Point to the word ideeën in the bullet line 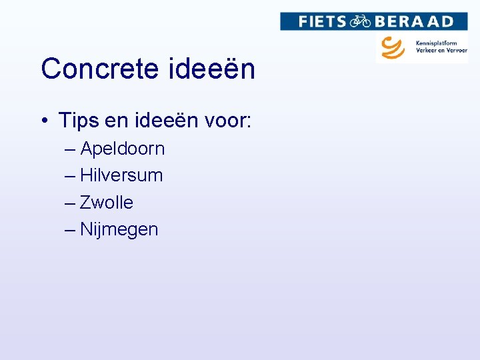click(x=162, y=121)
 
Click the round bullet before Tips click(x=43, y=121)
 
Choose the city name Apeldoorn click(x=122, y=149)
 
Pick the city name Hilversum click(x=121, y=175)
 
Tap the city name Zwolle click(x=107, y=202)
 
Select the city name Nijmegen click(x=119, y=230)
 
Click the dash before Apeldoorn click(x=71, y=149)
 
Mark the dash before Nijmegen click(x=71, y=230)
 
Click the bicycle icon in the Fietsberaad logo click(x=361, y=21)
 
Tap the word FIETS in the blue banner click(x=322, y=21)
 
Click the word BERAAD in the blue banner click(x=413, y=21)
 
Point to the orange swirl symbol click(x=393, y=47)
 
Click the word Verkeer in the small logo click(x=428, y=51)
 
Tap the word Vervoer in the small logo click(x=457, y=51)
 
